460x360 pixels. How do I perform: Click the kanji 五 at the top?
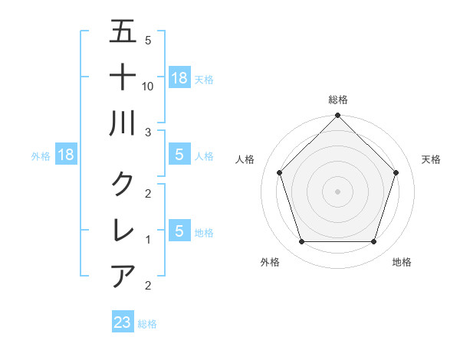tap(123, 33)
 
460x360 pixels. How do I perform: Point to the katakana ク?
tap(123, 184)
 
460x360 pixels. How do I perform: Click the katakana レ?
tap(123, 231)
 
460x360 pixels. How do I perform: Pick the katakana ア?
tap(123, 275)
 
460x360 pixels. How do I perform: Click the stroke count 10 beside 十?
tap(149, 87)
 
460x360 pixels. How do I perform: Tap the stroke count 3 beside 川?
tap(148, 133)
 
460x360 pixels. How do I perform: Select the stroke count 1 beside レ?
tap(148, 240)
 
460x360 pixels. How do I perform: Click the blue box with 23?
tap(123, 322)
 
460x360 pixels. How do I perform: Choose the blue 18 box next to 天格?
tap(179, 78)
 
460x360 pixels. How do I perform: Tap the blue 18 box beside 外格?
tap(66, 155)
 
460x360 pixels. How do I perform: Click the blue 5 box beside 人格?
tap(179, 155)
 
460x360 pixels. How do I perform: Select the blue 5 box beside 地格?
tap(179, 231)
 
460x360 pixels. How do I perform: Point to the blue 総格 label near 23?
tap(147, 324)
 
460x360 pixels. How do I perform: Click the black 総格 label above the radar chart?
tap(337, 100)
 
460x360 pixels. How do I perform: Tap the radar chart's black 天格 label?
tap(431, 159)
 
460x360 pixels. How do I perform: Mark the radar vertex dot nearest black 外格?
tap(301, 242)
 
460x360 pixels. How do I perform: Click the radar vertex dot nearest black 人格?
tap(279, 172)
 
